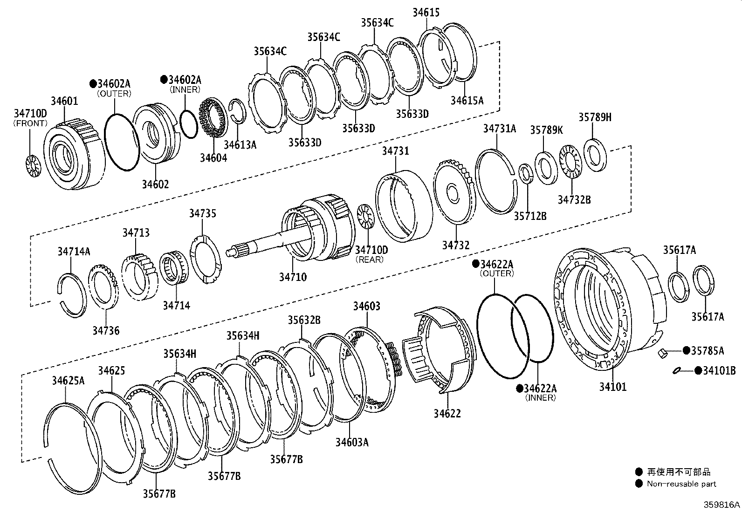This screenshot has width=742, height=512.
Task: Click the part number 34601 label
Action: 64,101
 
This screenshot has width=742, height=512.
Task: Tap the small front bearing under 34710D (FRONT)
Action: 33,165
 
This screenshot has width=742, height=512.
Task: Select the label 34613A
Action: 240,144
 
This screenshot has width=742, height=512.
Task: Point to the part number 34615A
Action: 467,100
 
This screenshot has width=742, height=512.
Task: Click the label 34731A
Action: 499,129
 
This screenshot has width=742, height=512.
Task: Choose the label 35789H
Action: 595,117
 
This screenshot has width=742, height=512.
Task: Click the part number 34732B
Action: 574,200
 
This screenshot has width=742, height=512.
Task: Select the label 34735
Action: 202,213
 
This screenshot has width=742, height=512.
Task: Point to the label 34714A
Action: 74,252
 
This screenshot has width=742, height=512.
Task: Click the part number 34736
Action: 106,331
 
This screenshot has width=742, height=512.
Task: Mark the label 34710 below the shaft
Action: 293,277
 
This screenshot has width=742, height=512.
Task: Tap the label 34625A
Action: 68,381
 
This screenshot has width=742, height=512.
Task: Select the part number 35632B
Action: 304,320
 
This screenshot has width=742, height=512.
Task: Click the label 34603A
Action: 351,442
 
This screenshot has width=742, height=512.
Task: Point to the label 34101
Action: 612,387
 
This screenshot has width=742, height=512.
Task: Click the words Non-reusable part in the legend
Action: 681,484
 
